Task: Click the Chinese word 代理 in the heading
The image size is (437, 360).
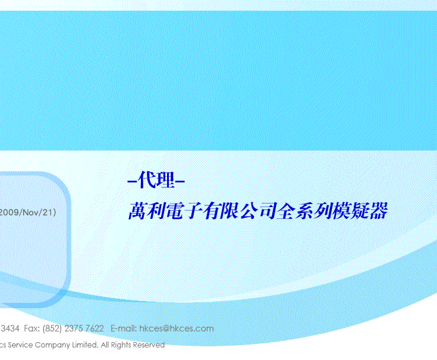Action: point(156,180)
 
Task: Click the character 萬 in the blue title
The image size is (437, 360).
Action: point(137,211)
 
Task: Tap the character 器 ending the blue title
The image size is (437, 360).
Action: point(379,211)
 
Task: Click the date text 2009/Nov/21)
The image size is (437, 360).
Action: point(27,212)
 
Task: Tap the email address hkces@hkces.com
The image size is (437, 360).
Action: point(177,328)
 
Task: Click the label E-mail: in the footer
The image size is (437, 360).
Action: point(124,328)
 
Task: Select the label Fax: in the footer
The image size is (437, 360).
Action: point(32,328)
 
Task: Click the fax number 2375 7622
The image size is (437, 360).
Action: point(84,328)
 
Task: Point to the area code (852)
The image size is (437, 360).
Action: point(52,328)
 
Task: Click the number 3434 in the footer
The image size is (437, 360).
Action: point(10,328)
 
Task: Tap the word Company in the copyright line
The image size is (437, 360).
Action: point(52,345)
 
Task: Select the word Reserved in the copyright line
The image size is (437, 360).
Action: point(149,345)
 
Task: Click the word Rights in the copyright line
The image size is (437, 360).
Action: point(121,345)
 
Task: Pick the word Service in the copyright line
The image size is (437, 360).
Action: point(21,345)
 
